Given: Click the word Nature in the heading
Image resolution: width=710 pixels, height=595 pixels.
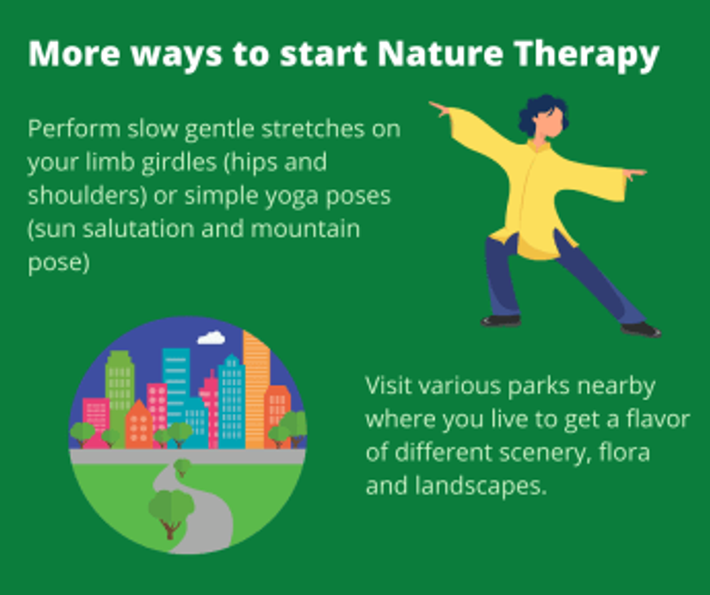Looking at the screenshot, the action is pos(440,54).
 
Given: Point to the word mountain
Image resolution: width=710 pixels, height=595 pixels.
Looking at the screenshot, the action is pos(305,229).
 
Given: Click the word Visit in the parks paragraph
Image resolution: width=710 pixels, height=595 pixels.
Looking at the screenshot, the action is pos(388,386).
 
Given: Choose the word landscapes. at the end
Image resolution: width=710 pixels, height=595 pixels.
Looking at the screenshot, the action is pos(481,487).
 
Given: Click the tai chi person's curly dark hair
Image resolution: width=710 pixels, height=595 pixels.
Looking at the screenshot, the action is pos(542,113).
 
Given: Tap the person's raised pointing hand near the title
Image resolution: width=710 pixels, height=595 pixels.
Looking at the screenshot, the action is pos(439,109).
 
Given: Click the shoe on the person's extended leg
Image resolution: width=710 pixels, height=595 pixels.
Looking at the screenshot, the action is pos(641,330).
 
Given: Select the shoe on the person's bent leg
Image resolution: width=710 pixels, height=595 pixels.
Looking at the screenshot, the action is pos(500,321).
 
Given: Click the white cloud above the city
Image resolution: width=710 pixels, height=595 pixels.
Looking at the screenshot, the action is pos(211,338).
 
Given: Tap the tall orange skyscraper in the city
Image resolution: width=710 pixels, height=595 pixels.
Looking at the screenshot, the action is pos(256,390).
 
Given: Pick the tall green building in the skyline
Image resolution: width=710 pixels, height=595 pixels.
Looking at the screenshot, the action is pos(120,390).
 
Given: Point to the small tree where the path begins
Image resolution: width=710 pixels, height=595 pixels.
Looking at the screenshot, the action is pos(182,467).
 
